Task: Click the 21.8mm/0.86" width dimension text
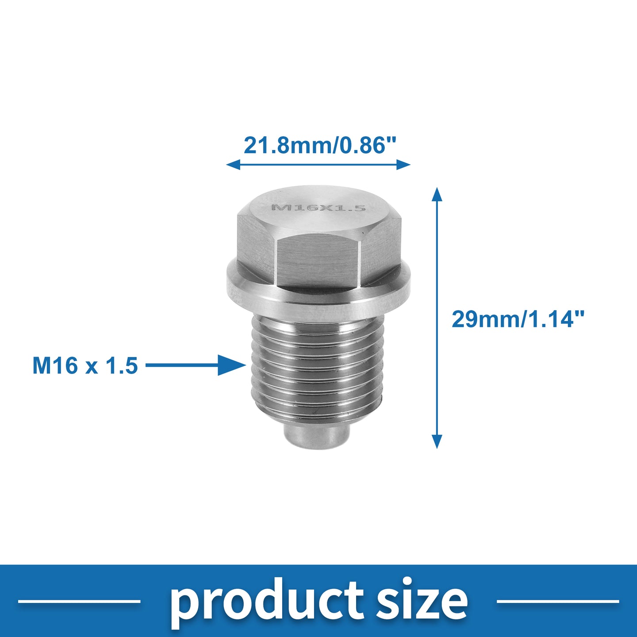[320, 146]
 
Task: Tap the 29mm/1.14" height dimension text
[518, 319]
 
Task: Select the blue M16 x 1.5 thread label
[85, 365]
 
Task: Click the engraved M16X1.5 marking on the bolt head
[318, 208]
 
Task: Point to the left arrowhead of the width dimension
[233, 164]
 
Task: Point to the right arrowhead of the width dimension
[403, 164]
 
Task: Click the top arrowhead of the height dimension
[437, 194]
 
